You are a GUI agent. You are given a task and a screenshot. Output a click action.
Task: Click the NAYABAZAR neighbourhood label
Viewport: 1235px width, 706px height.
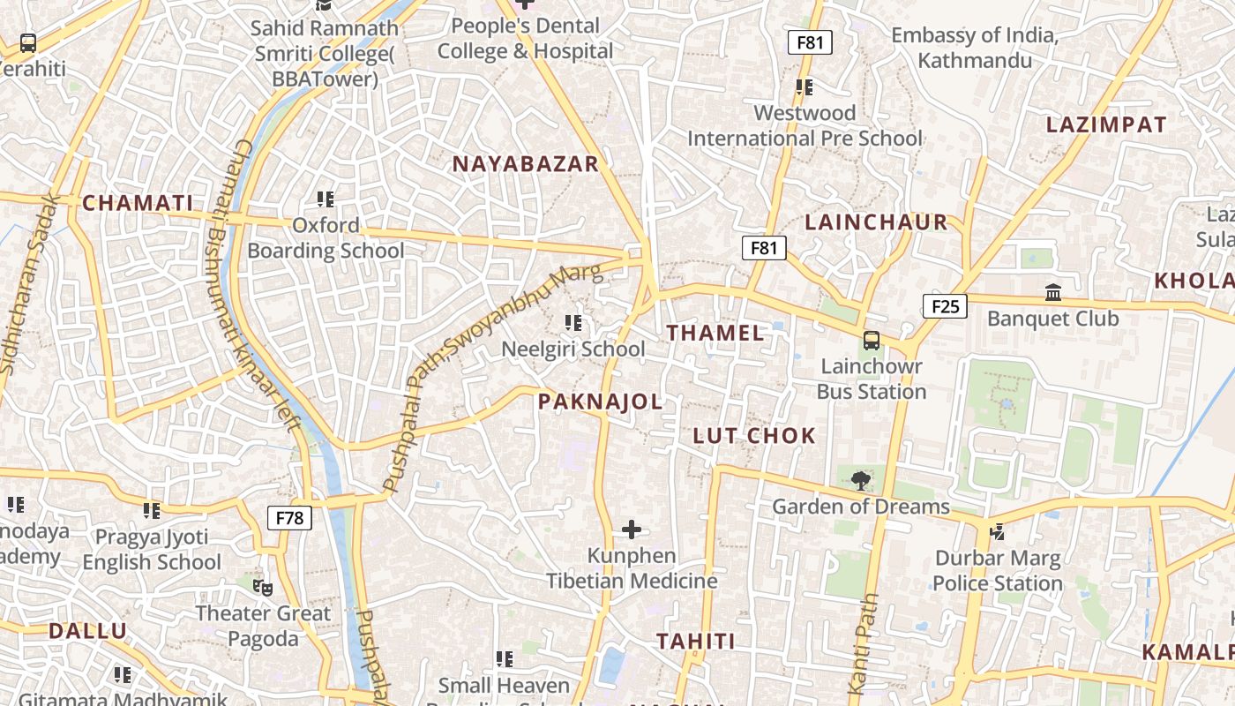pos(526,163)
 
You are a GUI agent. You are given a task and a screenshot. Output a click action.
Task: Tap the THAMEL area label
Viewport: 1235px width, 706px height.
pos(715,333)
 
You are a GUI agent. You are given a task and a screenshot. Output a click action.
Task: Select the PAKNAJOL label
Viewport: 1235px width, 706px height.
pos(600,402)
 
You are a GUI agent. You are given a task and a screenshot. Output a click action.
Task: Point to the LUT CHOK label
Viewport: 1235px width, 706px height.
pos(754,435)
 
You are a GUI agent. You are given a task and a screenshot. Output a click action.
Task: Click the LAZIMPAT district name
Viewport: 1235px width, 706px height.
pos(1106,124)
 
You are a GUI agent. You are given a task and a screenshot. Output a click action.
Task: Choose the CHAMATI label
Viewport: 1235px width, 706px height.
pos(138,203)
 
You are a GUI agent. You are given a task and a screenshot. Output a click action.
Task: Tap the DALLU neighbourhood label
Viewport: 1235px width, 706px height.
pos(87,631)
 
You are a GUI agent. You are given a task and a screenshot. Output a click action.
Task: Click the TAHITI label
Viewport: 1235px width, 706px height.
pos(695,641)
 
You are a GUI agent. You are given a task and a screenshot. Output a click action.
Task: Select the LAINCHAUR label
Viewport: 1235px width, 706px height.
pos(876,222)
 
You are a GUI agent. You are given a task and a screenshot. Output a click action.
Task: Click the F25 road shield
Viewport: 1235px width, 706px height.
pos(945,306)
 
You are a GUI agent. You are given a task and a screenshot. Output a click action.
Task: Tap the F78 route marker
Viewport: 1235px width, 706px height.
pos(289,517)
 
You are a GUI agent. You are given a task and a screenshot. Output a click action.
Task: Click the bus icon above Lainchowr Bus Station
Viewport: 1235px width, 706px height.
pos(872,340)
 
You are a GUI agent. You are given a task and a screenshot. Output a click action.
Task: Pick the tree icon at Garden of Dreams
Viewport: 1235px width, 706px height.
pos(860,481)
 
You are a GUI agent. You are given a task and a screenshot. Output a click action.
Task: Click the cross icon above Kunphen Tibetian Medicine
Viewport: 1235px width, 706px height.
pos(632,529)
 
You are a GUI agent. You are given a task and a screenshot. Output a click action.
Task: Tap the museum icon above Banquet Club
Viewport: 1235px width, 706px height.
pos(1053,292)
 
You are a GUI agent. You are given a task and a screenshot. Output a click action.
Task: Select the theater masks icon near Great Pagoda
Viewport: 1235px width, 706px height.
pos(262,587)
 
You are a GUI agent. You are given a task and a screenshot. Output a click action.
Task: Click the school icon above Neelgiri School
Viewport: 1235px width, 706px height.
pos(573,323)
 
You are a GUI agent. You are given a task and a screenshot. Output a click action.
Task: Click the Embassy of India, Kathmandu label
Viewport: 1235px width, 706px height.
pos(974,48)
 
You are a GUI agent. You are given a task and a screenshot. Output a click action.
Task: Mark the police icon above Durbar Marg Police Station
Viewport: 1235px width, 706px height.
pos(997,531)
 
